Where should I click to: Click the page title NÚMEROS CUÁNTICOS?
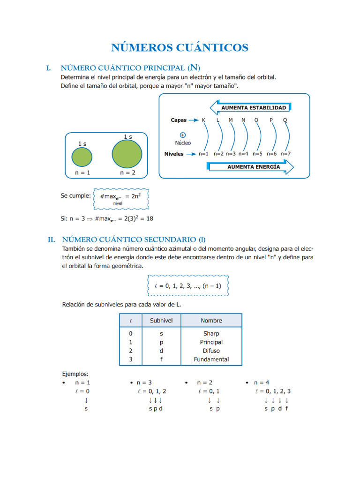pyautogui.click(x=180, y=47)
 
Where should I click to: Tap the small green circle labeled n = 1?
pyautogui.click(x=82, y=157)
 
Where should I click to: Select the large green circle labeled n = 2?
pyautogui.click(x=127, y=154)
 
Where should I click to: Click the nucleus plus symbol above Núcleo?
pyautogui.click(x=183, y=135)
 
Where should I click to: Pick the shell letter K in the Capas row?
pyautogui.click(x=203, y=120)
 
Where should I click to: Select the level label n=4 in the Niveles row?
pyautogui.click(x=243, y=154)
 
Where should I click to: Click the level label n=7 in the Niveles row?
pyautogui.click(x=285, y=154)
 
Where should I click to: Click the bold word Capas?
pyautogui.click(x=179, y=120)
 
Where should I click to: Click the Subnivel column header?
pyautogui.click(x=161, y=321)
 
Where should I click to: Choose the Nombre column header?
pyautogui.click(x=211, y=321)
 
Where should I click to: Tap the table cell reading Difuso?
pyautogui.click(x=211, y=351)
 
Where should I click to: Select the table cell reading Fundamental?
pyautogui.click(x=211, y=360)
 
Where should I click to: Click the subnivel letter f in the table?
pyautogui.click(x=161, y=360)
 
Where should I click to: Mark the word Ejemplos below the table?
pyautogui.click(x=75, y=374)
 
